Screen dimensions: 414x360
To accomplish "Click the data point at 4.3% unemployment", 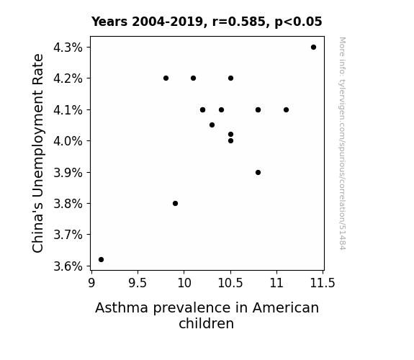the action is pos(313,48).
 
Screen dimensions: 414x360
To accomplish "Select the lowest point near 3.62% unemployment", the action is pos(101,260).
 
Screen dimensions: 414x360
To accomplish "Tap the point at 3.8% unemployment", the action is pos(175,203).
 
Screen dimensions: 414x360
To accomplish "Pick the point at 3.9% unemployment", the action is pos(258,173).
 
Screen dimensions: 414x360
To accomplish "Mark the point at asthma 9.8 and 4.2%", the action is pos(166,78).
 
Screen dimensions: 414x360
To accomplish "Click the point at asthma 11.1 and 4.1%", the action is pos(287,109).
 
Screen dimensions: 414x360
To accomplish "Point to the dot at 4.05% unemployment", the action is pos(212,125).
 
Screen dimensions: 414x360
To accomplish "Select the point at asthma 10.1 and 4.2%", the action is pos(193,78).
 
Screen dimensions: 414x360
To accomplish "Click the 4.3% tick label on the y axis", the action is pos(68,48).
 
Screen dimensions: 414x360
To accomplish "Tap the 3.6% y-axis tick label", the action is pos(68,266).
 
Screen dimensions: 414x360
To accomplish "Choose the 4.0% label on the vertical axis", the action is pos(68,141).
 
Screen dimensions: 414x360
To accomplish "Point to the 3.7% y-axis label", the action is pos(68,235).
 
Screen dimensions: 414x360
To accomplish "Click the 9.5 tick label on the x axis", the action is pos(138,283).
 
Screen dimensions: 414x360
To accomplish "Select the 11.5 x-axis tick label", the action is pos(323,283).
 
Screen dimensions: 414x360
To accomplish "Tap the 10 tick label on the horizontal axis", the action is pos(184,283).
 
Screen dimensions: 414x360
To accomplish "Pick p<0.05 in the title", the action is pos(298,22).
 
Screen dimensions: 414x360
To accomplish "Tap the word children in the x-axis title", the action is pos(206,323).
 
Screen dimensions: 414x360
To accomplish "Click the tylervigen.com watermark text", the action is pos(342,143).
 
